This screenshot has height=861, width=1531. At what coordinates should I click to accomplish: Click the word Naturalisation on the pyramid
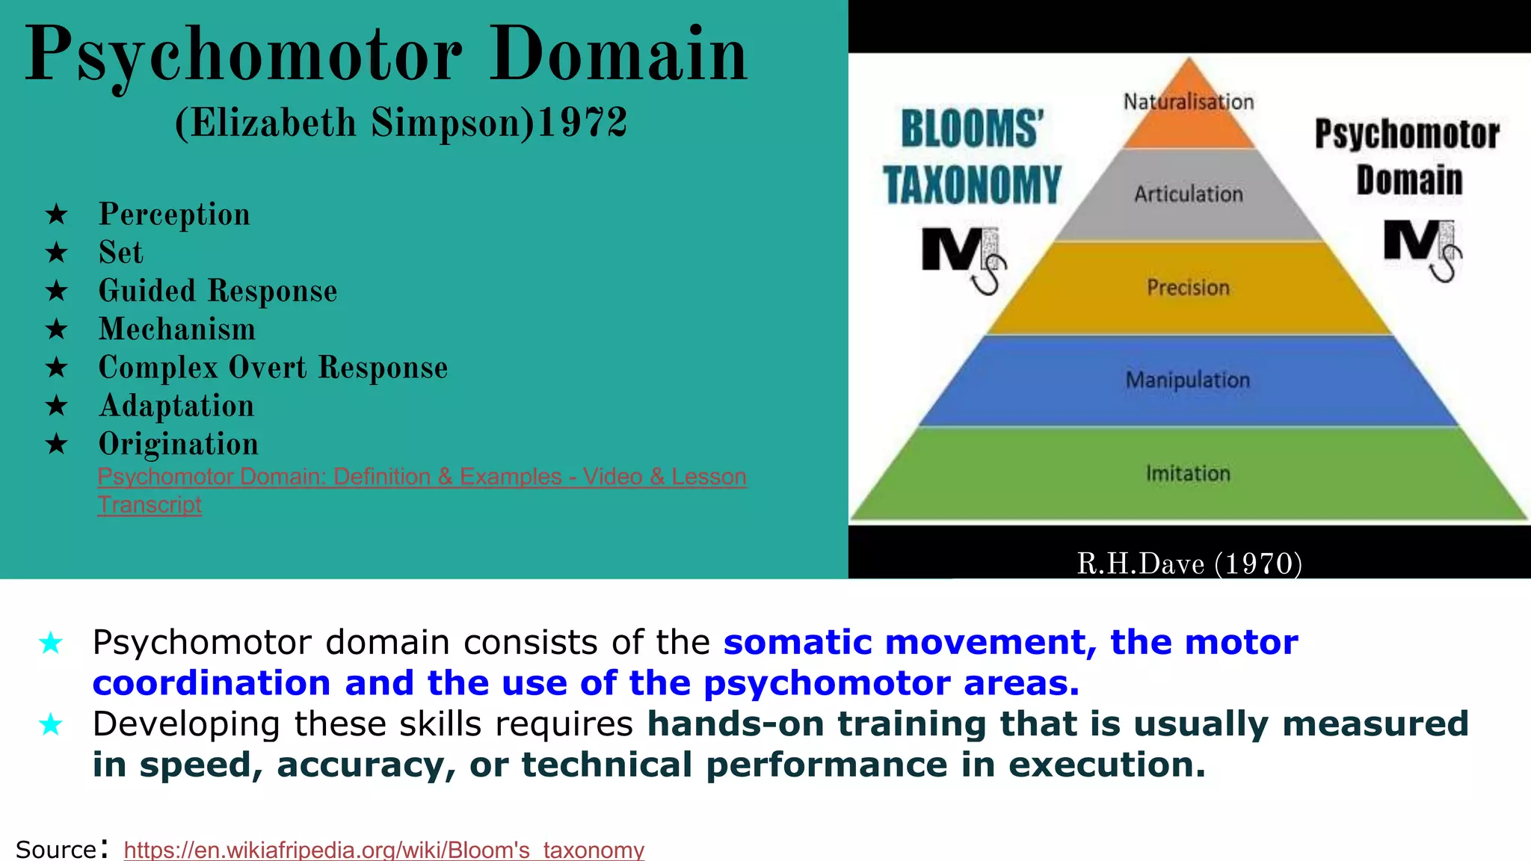(1188, 102)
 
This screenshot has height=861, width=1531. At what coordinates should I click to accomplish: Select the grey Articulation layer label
(1188, 194)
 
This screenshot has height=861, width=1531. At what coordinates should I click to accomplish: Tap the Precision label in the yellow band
(1188, 288)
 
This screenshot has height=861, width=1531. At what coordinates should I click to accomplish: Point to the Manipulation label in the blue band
(1188, 380)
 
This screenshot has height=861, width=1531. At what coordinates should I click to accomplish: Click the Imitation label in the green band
(1188, 474)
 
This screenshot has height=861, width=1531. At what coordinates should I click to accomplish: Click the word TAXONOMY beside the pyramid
(972, 185)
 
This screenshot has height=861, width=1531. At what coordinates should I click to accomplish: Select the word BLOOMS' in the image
(972, 129)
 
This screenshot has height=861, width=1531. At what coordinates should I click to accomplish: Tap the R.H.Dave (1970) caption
(1189, 564)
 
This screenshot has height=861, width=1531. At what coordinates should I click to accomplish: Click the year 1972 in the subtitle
(582, 123)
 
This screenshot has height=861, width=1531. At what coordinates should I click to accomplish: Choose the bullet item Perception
(174, 215)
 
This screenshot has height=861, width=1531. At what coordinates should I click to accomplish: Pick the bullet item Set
(120, 253)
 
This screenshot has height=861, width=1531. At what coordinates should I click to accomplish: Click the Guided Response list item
(218, 291)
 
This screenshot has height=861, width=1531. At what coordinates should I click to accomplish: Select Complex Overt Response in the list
(273, 368)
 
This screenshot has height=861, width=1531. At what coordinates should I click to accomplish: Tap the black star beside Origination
(57, 445)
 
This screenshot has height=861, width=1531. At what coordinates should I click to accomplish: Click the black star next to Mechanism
(57, 330)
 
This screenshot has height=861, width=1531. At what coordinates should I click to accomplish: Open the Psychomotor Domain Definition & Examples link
(422, 477)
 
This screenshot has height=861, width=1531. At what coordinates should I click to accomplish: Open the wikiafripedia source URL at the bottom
(383, 850)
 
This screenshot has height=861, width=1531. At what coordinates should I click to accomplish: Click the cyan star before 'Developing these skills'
(51, 724)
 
